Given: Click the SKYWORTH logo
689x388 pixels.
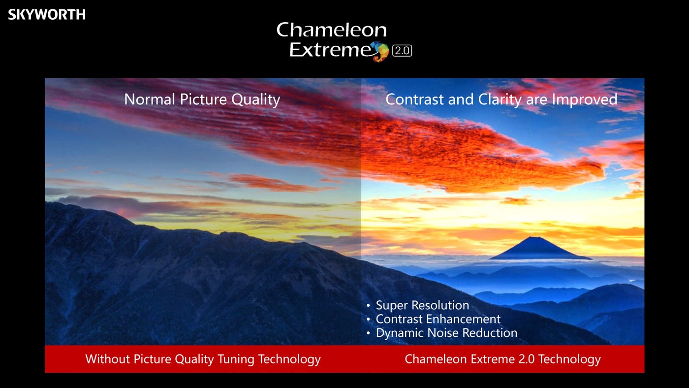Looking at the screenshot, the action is [47, 14].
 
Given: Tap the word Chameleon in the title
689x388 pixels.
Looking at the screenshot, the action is [332, 30].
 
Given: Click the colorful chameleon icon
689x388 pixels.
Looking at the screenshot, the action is [380, 51].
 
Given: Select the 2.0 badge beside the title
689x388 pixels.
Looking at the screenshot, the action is [402, 51].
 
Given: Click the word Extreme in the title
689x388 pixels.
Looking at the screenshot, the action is [330, 50].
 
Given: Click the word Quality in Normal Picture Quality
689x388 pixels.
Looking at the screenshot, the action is [255, 100].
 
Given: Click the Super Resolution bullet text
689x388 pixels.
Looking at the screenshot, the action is [422, 305].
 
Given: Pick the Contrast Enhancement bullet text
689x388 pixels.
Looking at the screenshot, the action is [438, 319].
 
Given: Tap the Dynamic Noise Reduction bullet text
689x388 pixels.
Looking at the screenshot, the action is [446, 333].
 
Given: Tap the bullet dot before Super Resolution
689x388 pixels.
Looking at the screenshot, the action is [368, 306].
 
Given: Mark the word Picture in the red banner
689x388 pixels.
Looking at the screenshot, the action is [152, 359].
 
